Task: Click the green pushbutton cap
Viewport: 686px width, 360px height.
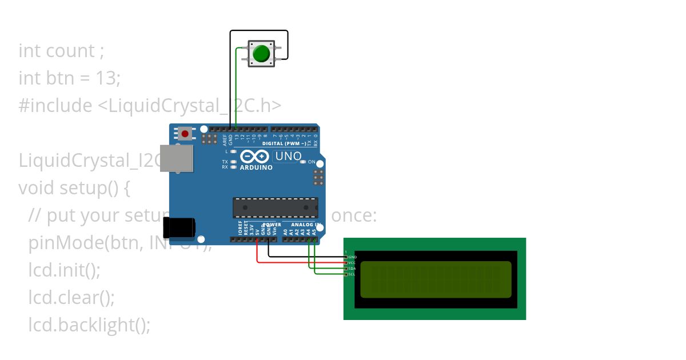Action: pos(261,54)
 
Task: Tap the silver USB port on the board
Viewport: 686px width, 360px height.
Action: pos(176,158)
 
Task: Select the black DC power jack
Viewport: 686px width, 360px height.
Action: pos(178,228)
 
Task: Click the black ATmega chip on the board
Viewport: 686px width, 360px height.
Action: pos(275,208)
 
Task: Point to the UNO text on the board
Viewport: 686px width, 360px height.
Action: pos(288,156)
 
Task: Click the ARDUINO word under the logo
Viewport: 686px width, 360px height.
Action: pos(256,167)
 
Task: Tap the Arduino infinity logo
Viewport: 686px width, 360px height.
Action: pos(255,157)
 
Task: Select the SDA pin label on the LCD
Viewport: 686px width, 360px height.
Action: pos(352,269)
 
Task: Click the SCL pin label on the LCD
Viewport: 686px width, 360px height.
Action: pos(352,274)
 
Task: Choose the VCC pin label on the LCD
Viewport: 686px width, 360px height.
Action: pos(352,263)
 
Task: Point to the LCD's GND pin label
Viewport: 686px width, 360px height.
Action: pos(352,257)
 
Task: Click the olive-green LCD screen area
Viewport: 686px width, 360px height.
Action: pos(436,279)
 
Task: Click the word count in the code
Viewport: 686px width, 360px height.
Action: pos(70,51)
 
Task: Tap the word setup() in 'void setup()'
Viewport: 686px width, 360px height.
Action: pos(89,187)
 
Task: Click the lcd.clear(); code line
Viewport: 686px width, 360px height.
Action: pos(71,297)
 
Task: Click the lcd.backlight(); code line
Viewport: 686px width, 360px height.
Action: pos(89,325)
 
